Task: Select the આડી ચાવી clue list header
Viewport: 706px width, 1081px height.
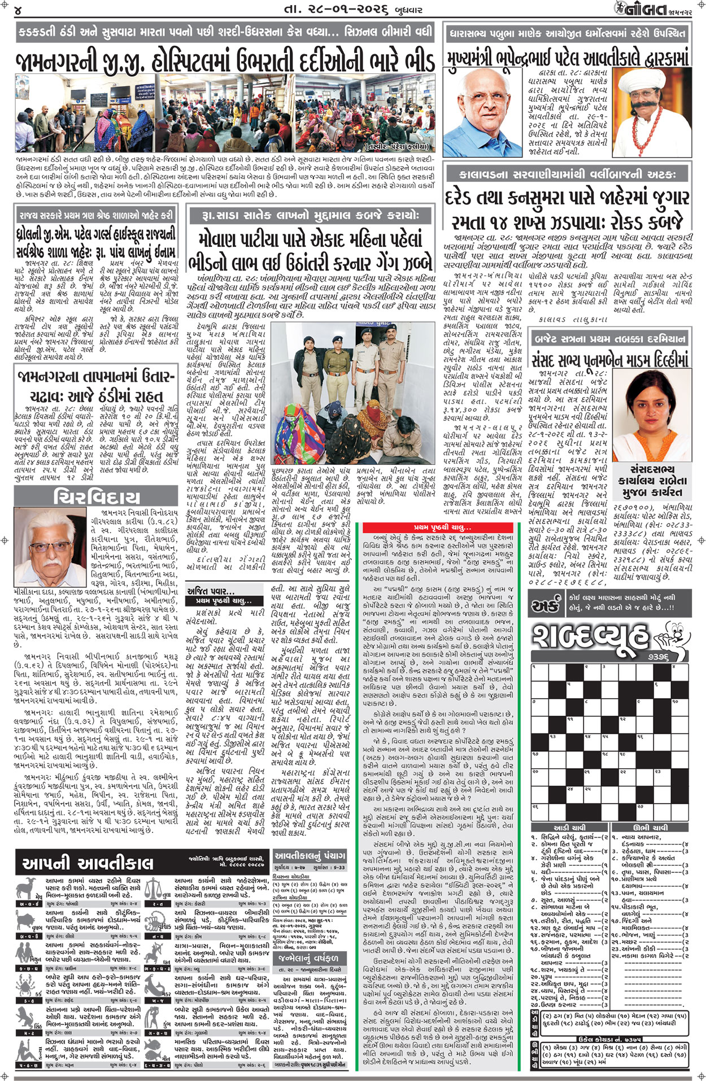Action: click(569, 827)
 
